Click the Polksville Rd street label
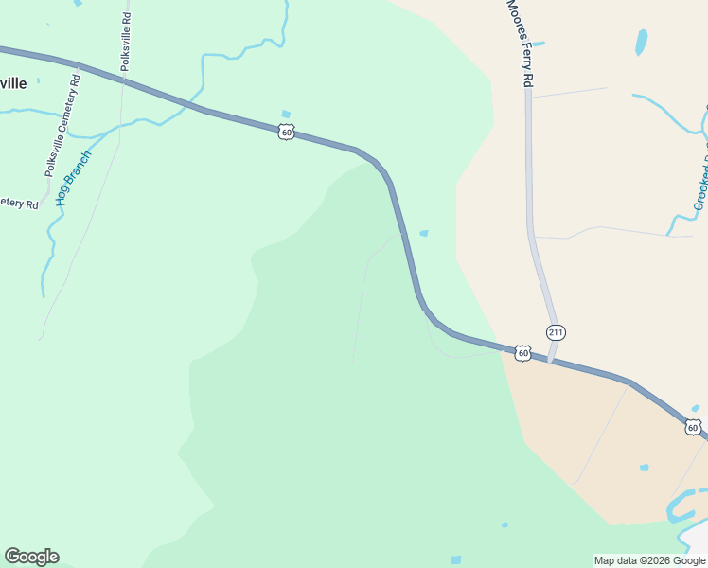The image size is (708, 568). point(126,39)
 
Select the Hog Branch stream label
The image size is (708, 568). point(73,178)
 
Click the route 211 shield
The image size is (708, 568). point(556,332)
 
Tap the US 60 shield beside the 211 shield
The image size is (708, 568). point(522,352)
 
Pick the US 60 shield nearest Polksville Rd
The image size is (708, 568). point(287,133)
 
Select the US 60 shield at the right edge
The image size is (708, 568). point(694,428)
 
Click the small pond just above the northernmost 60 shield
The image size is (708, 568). point(286,115)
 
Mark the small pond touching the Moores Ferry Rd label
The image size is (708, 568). point(538,44)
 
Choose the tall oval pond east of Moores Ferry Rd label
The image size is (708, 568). point(642,42)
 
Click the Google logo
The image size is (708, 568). point(31,557)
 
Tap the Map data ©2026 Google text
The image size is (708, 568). point(650,560)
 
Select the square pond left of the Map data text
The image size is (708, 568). point(456,559)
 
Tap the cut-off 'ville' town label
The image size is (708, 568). point(12,82)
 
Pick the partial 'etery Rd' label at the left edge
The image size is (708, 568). point(19,202)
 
